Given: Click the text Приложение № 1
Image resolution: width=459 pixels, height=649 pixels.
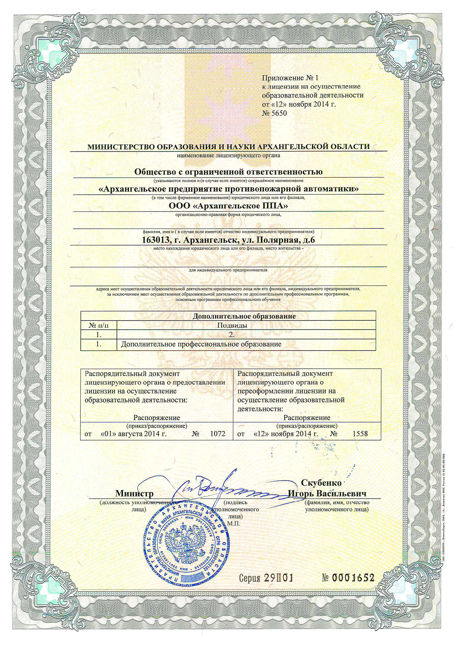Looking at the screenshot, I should pos(290,78).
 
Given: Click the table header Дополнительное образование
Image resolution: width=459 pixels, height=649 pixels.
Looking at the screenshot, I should pos(244,316).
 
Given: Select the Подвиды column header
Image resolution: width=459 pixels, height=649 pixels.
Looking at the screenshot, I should pos(232,325).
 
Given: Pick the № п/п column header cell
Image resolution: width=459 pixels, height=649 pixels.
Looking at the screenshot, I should pos(98,325).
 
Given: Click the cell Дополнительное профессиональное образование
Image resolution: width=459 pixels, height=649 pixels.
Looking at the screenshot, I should pos(201,344).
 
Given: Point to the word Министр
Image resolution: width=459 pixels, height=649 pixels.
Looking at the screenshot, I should pos(134,494).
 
